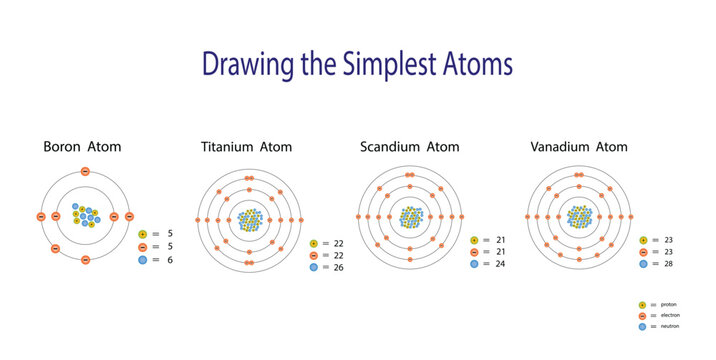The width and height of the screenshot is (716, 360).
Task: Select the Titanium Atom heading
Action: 247,147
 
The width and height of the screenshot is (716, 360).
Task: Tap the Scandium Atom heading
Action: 409,147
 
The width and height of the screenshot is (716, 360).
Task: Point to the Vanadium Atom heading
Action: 580,147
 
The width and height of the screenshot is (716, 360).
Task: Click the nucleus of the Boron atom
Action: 85,216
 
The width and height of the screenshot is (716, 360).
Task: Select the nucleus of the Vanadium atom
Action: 580,216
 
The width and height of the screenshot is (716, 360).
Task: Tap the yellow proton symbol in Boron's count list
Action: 144,233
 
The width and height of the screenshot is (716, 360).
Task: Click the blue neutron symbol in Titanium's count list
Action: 313,268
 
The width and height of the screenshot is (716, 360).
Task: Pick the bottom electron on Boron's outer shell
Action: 85,260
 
